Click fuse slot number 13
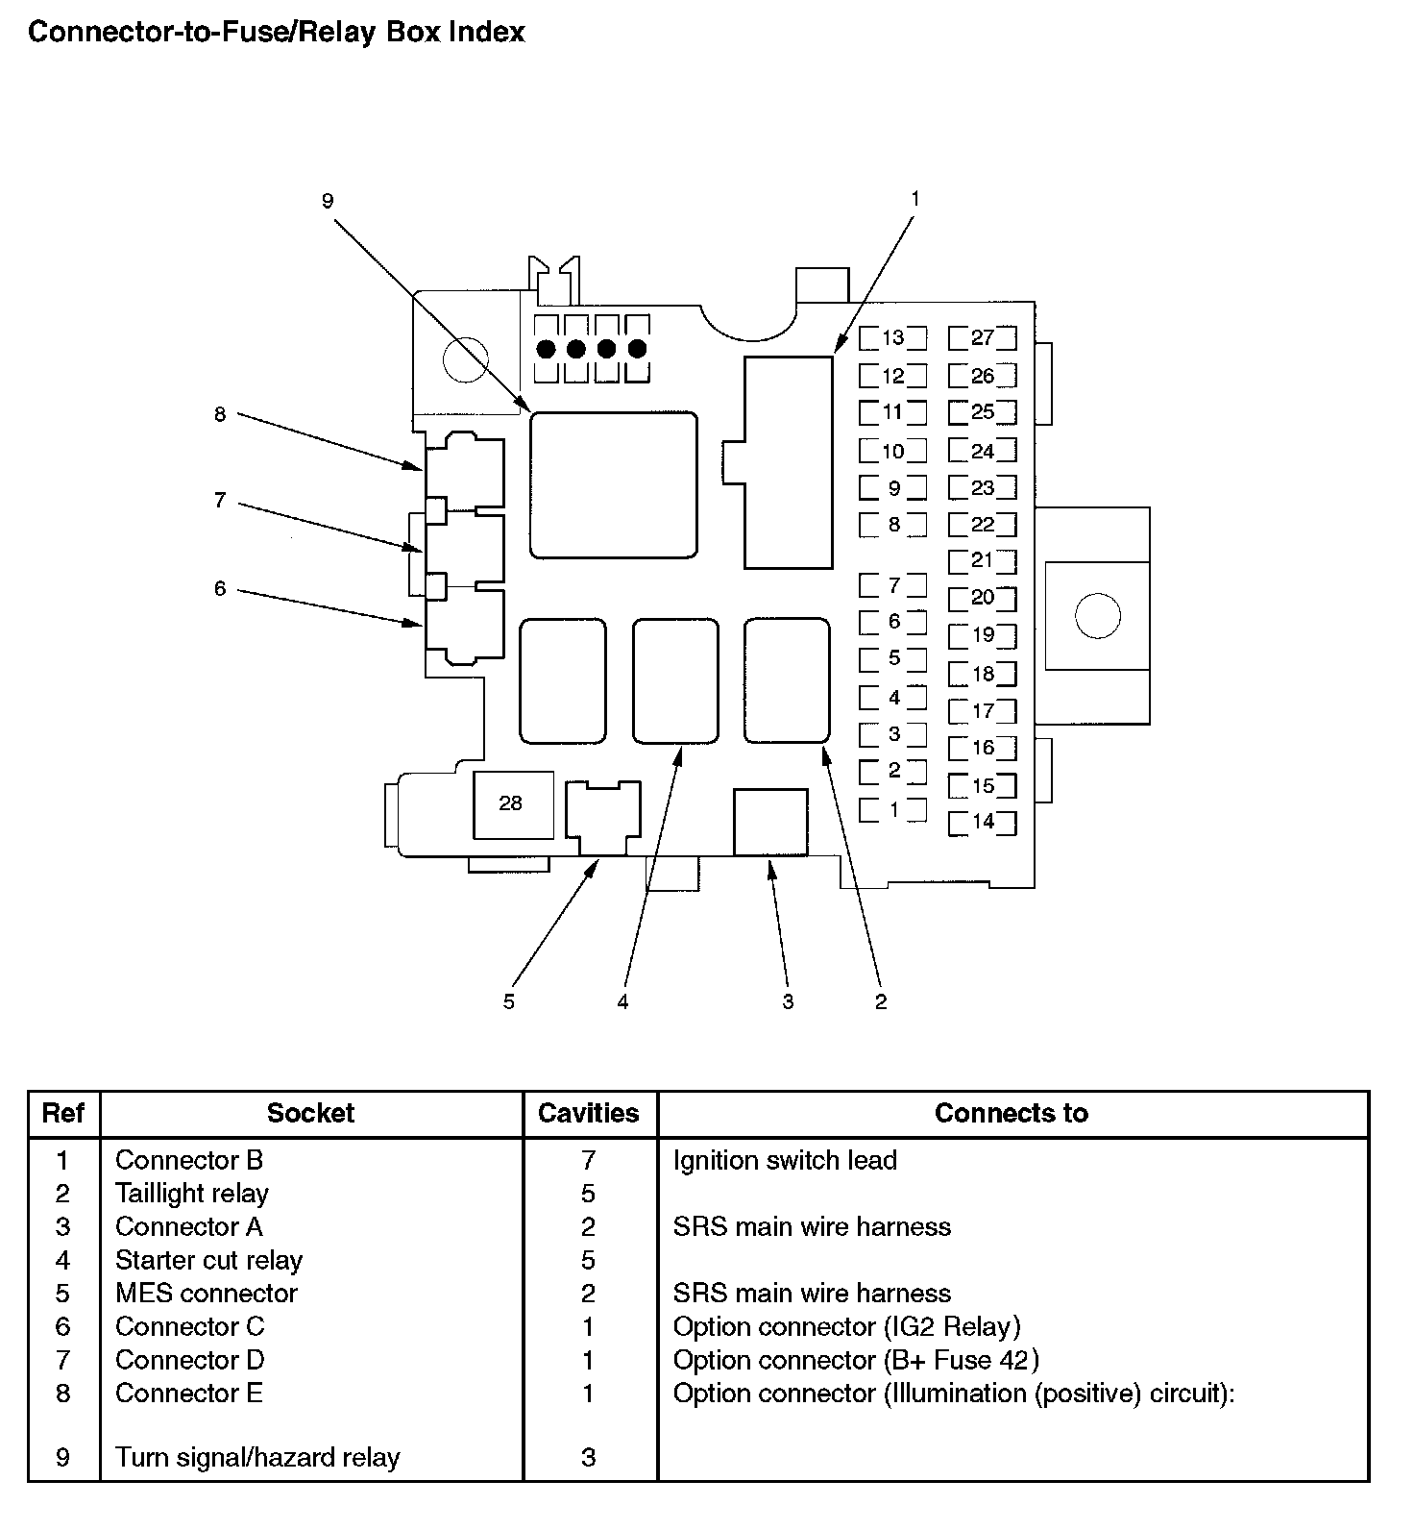[x=893, y=337]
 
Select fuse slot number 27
[x=982, y=337]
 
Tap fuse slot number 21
[x=982, y=560]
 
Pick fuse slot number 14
[x=982, y=822]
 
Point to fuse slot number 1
[x=893, y=809]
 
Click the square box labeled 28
[x=511, y=803]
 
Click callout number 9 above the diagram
[x=328, y=201]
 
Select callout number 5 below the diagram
[x=509, y=1001]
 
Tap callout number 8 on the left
[x=220, y=414]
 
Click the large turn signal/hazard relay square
[x=614, y=484]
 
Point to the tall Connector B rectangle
[x=789, y=462]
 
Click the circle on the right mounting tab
[x=1097, y=614]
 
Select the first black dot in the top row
[x=547, y=349]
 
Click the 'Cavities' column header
[x=589, y=1114]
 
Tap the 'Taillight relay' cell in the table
[x=192, y=1194]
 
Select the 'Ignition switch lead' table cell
[x=785, y=1160]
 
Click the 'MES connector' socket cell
[x=207, y=1294]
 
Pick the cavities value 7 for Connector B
[x=589, y=1160]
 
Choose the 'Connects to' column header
[x=1012, y=1114]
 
